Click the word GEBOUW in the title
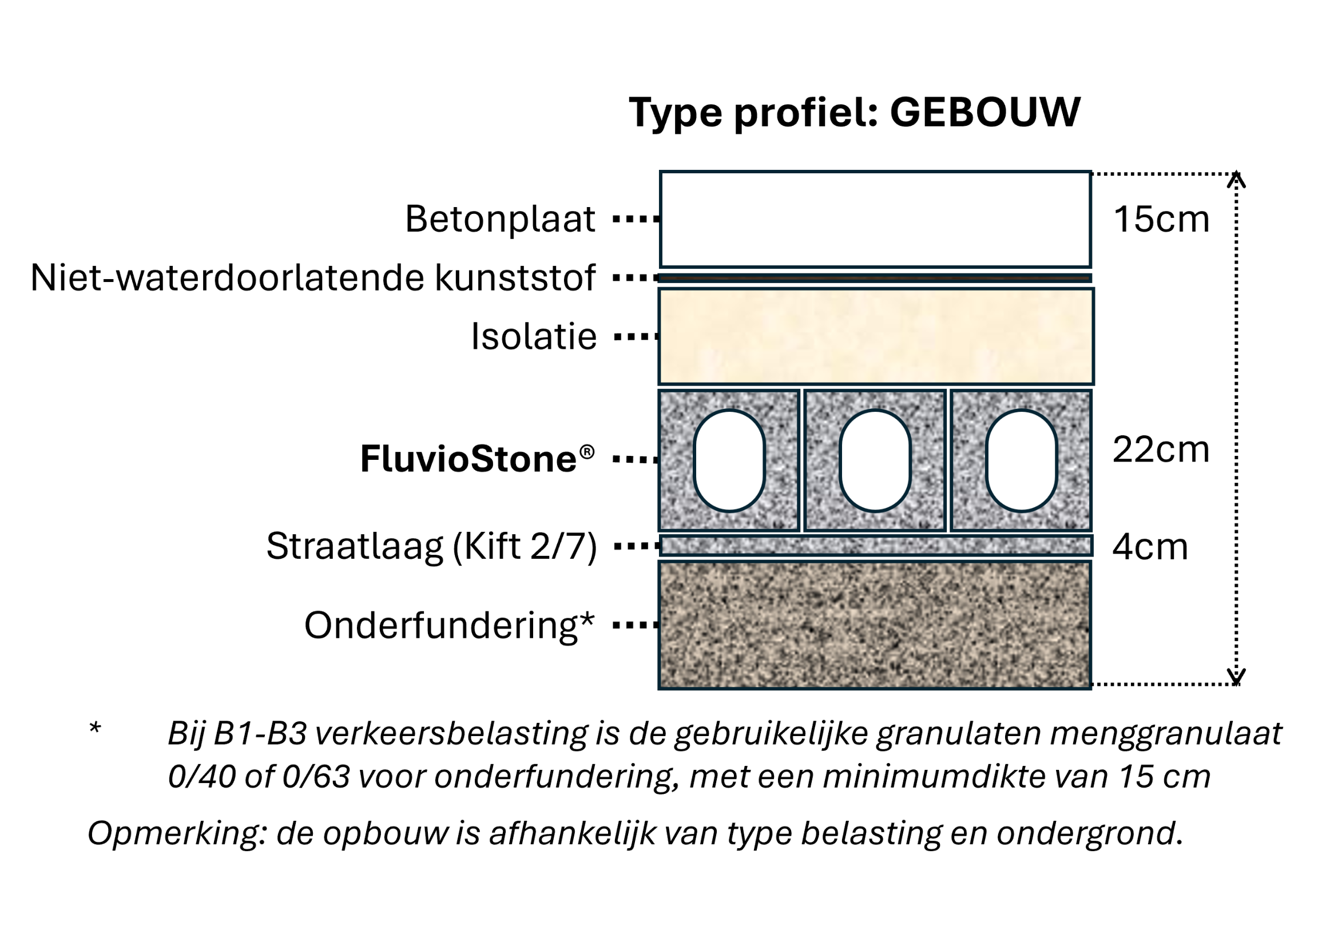985,112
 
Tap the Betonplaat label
500,220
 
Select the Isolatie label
534,337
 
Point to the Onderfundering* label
448,626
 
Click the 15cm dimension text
1161,220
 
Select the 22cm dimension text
1161,450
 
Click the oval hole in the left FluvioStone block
729,461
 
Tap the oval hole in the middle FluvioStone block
875,461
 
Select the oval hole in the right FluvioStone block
1021,461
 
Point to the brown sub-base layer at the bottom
874,625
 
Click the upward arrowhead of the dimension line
1236,180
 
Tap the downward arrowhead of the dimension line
1236,677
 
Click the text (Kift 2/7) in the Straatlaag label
525,546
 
